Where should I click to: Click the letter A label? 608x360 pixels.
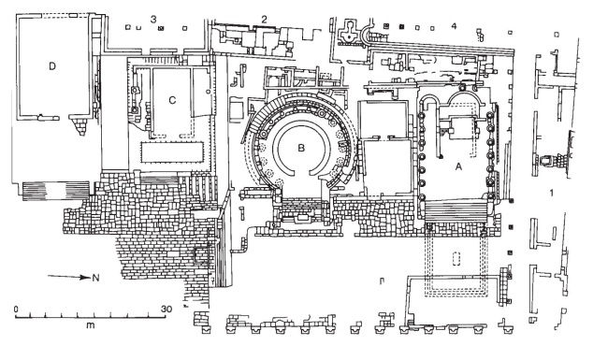tap(458, 166)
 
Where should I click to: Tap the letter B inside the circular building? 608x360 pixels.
tap(301, 148)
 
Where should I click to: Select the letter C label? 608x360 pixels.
tap(172, 100)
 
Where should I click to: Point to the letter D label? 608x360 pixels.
tap(52, 66)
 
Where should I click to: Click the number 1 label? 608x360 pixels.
tap(552, 193)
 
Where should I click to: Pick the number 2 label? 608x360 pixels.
tap(264, 19)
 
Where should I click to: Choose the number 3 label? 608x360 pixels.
tap(153, 19)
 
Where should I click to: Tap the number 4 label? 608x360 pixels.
tap(454, 26)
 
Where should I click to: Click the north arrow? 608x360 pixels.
tap(69, 277)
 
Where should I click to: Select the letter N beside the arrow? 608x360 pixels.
tap(95, 278)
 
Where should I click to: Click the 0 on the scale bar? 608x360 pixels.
tap(16, 310)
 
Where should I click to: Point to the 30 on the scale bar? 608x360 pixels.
tap(166, 310)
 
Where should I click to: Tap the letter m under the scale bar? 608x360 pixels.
tap(91, 324)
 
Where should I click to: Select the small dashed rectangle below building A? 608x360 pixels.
tap(457, 259)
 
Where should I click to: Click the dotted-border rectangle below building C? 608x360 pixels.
tap(172, 152)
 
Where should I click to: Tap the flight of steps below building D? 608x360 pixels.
tap(56, 191)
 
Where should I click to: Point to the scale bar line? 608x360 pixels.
tap(91, 316)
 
